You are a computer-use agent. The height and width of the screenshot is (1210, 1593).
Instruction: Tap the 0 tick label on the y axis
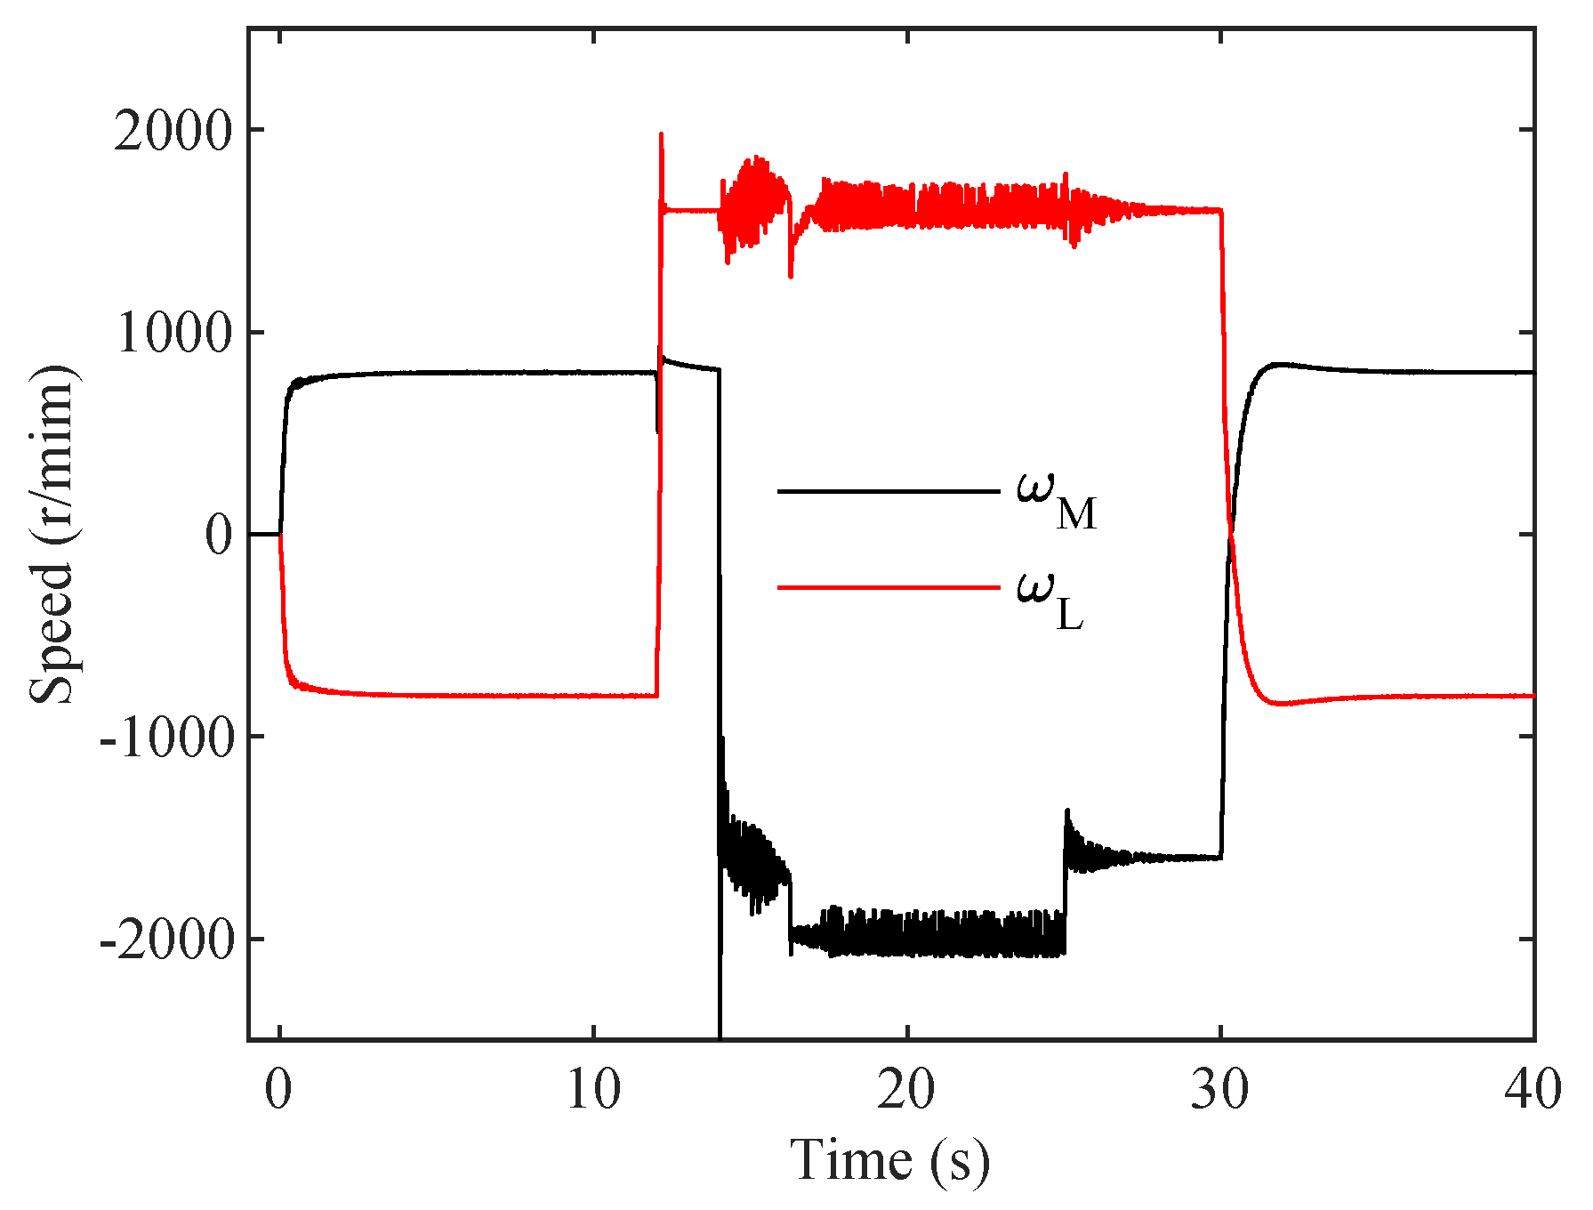click(218, 536)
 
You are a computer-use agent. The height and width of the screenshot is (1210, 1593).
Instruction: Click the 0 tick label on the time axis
click(279, 1091)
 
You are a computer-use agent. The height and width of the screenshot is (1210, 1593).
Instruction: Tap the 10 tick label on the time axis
click(593, 1091)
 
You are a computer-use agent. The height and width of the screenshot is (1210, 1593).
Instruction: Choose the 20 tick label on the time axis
click(907, 1091)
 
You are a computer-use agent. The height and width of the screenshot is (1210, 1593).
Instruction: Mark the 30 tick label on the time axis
click(1220, 1091)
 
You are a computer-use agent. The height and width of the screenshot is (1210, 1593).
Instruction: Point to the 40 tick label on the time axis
click(1533, 1091)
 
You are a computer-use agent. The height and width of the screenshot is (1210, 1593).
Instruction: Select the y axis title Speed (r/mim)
click(52, 534)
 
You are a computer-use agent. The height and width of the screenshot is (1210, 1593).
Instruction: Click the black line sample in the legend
click(888, 491)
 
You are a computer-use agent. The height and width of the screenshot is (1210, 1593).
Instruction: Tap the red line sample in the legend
click(888, 587)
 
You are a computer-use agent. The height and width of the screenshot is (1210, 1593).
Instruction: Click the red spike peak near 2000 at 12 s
click(661, 134)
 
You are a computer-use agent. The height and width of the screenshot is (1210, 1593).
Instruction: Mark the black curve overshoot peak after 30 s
click(1279, 364)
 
